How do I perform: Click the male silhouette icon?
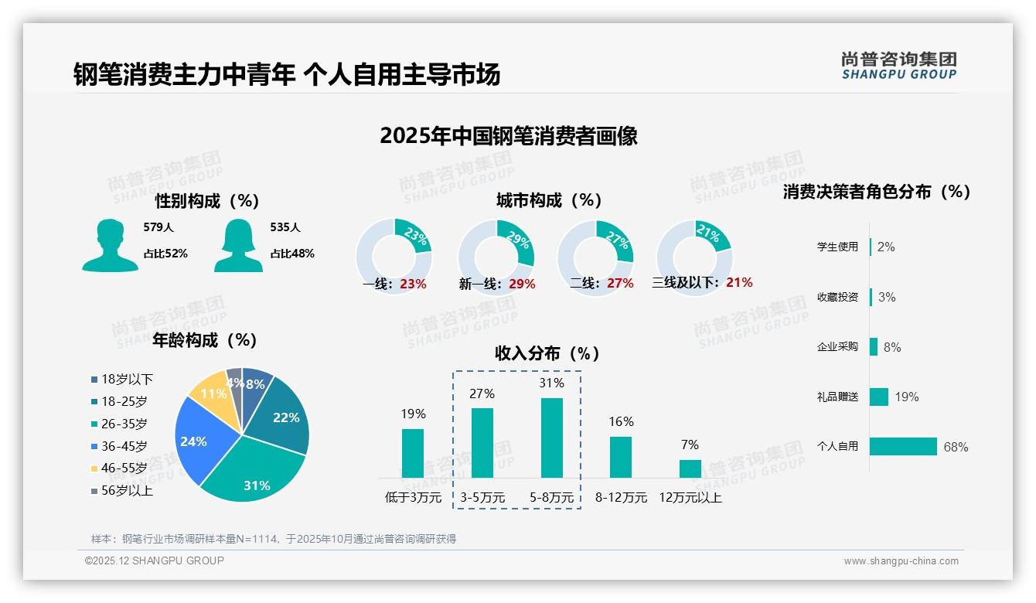click(110, 245)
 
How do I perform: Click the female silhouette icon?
click(238, 245)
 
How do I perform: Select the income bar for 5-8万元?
click(552, 438)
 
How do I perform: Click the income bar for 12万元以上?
click(690, 468)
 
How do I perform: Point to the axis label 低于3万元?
click(412, 497)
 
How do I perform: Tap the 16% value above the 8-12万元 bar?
click(621, 421)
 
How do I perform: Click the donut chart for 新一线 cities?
click(496, 257)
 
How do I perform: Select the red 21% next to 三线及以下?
click(739, 282)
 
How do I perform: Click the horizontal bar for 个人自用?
click(903, 446)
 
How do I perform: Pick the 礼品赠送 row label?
click(837, 397)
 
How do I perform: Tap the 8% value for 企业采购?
click(891, 347)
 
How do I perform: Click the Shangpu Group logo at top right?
click(898, 66)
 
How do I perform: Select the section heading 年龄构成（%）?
click(205, 339)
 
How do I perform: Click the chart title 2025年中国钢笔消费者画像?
click(509, 136)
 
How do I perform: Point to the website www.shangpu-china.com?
click(901, 560)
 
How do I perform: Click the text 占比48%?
click(292, 253)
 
